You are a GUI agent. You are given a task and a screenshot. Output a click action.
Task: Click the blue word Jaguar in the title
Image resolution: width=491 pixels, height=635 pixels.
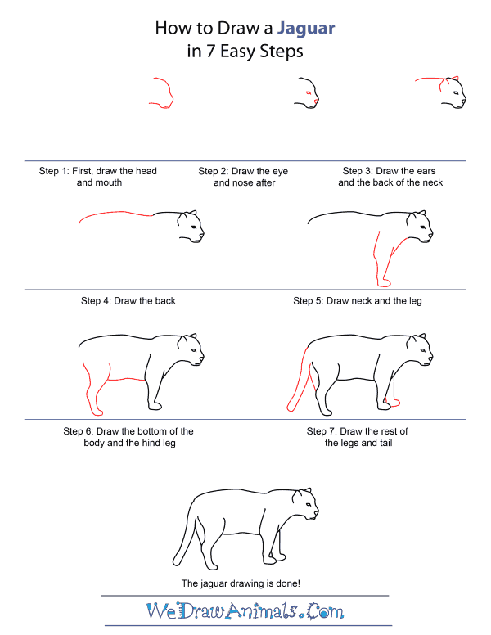click(306, 28)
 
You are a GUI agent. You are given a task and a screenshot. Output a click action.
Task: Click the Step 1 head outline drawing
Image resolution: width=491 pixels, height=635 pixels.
click(162, 92)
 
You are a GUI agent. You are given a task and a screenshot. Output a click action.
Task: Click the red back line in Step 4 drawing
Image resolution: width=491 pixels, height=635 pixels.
click(115, 214)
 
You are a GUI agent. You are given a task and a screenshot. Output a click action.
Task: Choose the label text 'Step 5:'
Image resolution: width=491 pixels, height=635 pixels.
click(309, 300)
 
